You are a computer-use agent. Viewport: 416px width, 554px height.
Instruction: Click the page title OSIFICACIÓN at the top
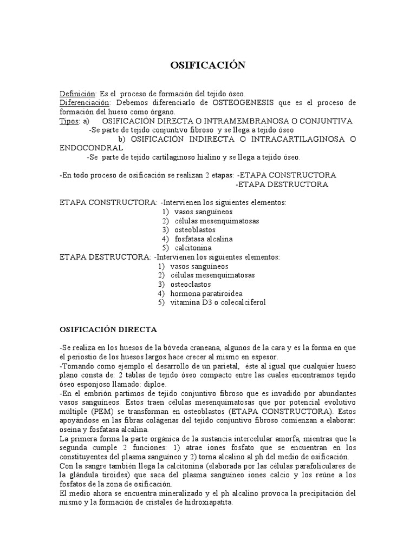click(208, 65)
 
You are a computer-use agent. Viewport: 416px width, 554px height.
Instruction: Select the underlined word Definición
click(77, 94)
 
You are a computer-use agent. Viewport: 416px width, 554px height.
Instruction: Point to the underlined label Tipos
click(69, 121)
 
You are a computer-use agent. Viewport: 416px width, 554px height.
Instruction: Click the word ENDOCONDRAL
click(91, 148)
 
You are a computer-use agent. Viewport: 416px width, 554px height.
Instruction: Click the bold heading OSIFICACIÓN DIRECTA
click(108, 329)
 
